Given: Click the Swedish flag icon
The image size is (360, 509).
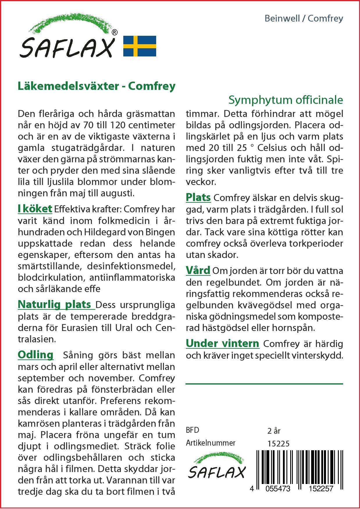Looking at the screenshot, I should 140,46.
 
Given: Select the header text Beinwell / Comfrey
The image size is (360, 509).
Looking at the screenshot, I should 304,19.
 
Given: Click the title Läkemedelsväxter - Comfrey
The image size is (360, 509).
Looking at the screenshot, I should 97,86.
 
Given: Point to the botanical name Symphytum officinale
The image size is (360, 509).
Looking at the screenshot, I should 286,100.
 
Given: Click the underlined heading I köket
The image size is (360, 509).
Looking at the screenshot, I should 35,209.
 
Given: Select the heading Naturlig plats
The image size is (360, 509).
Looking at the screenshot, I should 55,304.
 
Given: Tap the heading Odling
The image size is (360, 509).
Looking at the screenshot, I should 35,355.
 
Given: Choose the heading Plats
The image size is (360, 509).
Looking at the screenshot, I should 198,197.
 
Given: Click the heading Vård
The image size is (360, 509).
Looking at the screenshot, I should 198,270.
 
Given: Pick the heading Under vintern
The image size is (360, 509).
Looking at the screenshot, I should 222,343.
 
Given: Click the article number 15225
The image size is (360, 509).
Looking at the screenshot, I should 278,444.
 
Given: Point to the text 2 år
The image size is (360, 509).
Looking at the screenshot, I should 274,431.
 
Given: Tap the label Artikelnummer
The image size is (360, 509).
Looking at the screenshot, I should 210,443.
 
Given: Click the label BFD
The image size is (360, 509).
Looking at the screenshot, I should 192,430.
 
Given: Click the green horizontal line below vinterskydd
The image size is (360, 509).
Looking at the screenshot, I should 264,384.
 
